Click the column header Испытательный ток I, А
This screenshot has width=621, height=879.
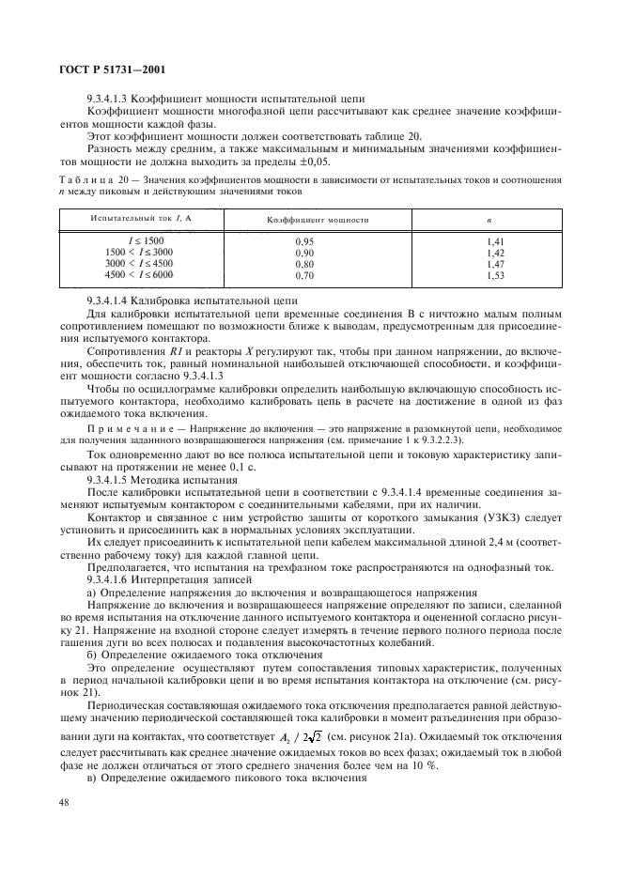127,219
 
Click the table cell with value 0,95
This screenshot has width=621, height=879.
303,242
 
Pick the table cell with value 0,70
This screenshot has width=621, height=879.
303,276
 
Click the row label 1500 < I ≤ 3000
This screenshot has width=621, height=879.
140,254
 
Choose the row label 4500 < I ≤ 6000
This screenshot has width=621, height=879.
140,276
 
